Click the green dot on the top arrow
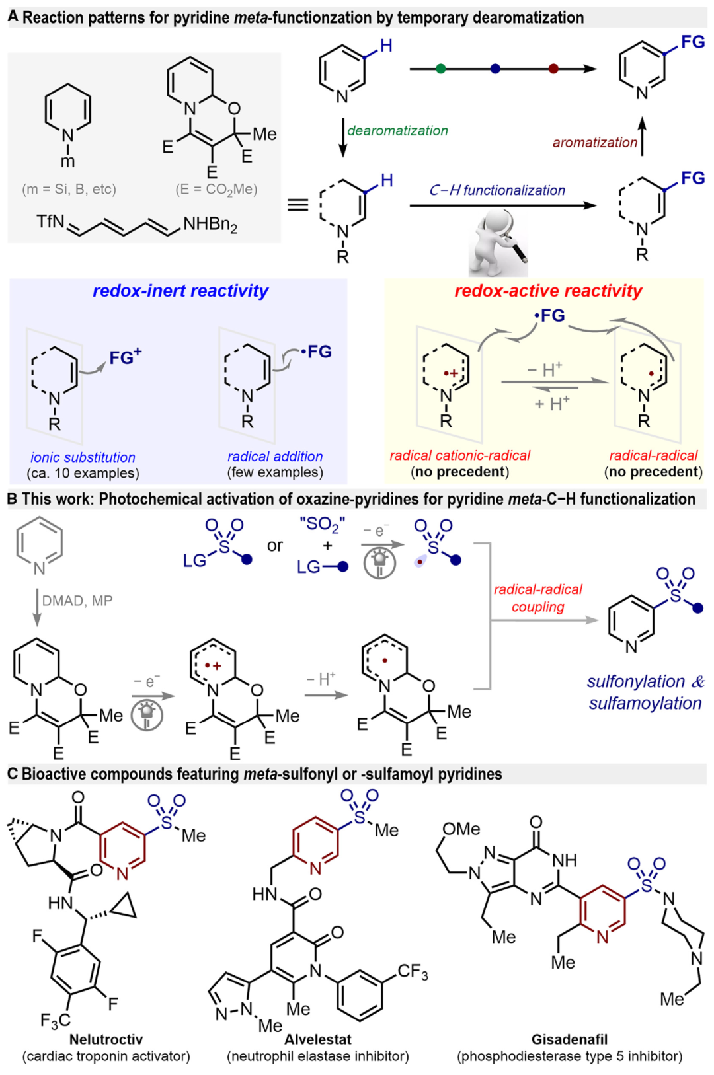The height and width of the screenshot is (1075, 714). point(441,69)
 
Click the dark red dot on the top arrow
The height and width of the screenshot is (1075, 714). point(553,69)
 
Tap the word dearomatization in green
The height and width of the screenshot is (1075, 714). point(397,131)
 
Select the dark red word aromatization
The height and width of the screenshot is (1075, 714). point(594,142)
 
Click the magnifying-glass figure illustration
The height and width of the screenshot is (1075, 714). point(498,242)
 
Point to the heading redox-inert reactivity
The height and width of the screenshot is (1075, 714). point(180,291)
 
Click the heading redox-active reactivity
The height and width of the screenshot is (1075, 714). point(548,291)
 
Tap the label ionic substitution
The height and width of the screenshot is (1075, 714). point(83,457)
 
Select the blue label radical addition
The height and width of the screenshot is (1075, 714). point(275,457)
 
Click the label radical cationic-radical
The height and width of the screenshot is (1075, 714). point(459,455)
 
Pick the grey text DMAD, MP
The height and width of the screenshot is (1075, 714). point(77,601)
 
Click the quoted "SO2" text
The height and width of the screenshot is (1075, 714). point(322,525)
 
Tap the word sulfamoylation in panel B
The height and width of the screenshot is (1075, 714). point(645,703)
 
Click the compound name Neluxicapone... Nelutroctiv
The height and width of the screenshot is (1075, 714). point(106,1039)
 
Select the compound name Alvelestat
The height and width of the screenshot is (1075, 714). point(318,1039)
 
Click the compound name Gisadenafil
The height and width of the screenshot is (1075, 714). point(569,1039)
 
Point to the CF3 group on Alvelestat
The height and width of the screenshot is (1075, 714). point(413,971)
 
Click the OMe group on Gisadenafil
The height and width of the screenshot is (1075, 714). point(461,829)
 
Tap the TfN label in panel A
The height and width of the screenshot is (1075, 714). point(50,221)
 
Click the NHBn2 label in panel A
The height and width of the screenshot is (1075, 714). point(210,225)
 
